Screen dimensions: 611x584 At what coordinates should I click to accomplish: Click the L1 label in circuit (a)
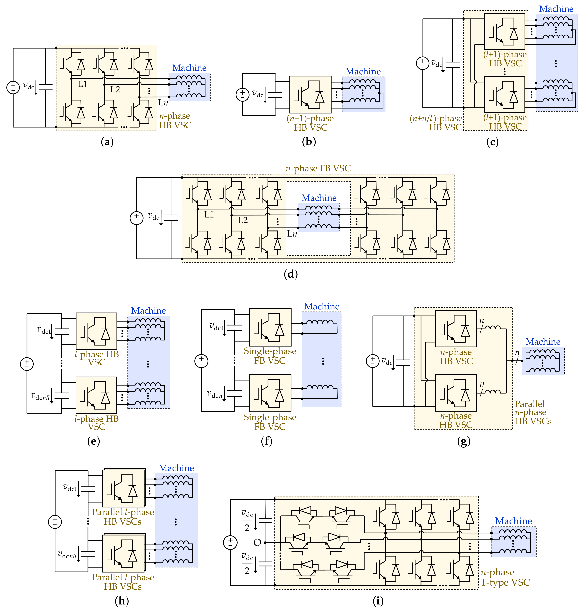(x=82, y=84)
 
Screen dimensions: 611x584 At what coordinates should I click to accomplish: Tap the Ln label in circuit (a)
(x=163, y=103)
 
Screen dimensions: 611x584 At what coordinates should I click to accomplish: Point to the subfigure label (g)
(x=464, y=441)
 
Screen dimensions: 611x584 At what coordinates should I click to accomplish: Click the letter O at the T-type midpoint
(x=257, y=543)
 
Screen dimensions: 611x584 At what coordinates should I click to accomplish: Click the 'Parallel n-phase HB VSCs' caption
(x=533, y=413)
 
